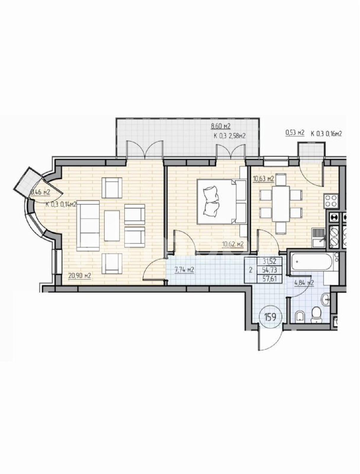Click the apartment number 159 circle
270,317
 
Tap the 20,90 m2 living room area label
79,276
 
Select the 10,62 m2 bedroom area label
233,244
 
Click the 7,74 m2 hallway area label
183,270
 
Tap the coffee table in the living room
112,226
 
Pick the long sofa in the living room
88,226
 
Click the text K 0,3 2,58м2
229,136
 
